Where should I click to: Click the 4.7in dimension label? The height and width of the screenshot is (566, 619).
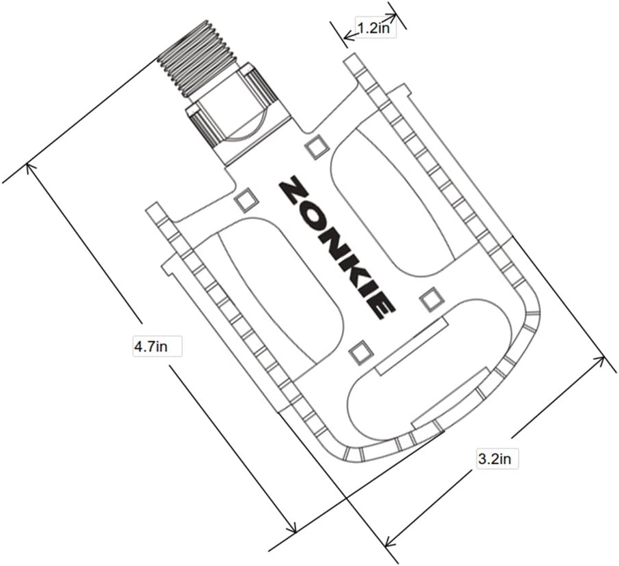click(x=151, y=347)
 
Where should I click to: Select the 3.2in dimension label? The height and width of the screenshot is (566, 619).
click(x=495, y=459)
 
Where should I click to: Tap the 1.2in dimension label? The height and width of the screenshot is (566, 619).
click(x=373, y=27)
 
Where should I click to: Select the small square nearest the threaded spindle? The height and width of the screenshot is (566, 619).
click(x=317, y=147)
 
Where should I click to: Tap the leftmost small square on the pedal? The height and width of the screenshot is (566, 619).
click(x=246, y=200)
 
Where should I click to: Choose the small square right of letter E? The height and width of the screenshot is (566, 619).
click(x=431, y=298)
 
